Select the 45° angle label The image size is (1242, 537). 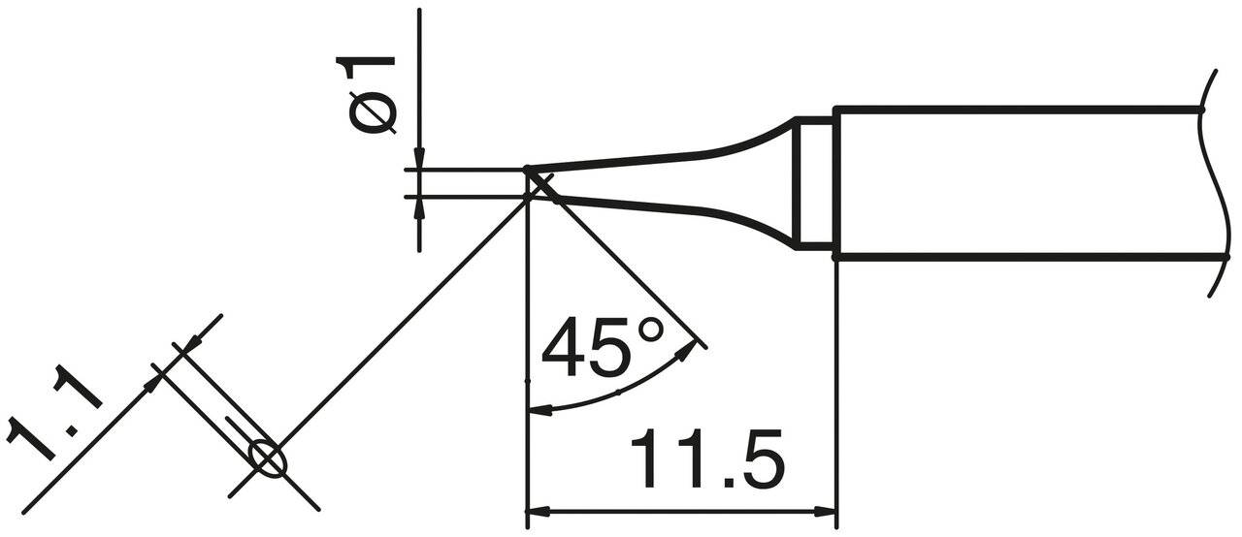(x=603, y=347)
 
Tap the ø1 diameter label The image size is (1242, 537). (x=369, y=93)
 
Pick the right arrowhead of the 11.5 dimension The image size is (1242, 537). (x=825, y=511)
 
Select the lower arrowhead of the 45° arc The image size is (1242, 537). (x=539, y=409)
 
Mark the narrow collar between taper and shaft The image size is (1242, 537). (x=812, y=183)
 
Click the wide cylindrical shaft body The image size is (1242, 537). (x=1009, y=183)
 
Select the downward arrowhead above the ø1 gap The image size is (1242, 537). (x=419, y=160)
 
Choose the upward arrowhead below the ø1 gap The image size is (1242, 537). (x=419, y=206)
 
